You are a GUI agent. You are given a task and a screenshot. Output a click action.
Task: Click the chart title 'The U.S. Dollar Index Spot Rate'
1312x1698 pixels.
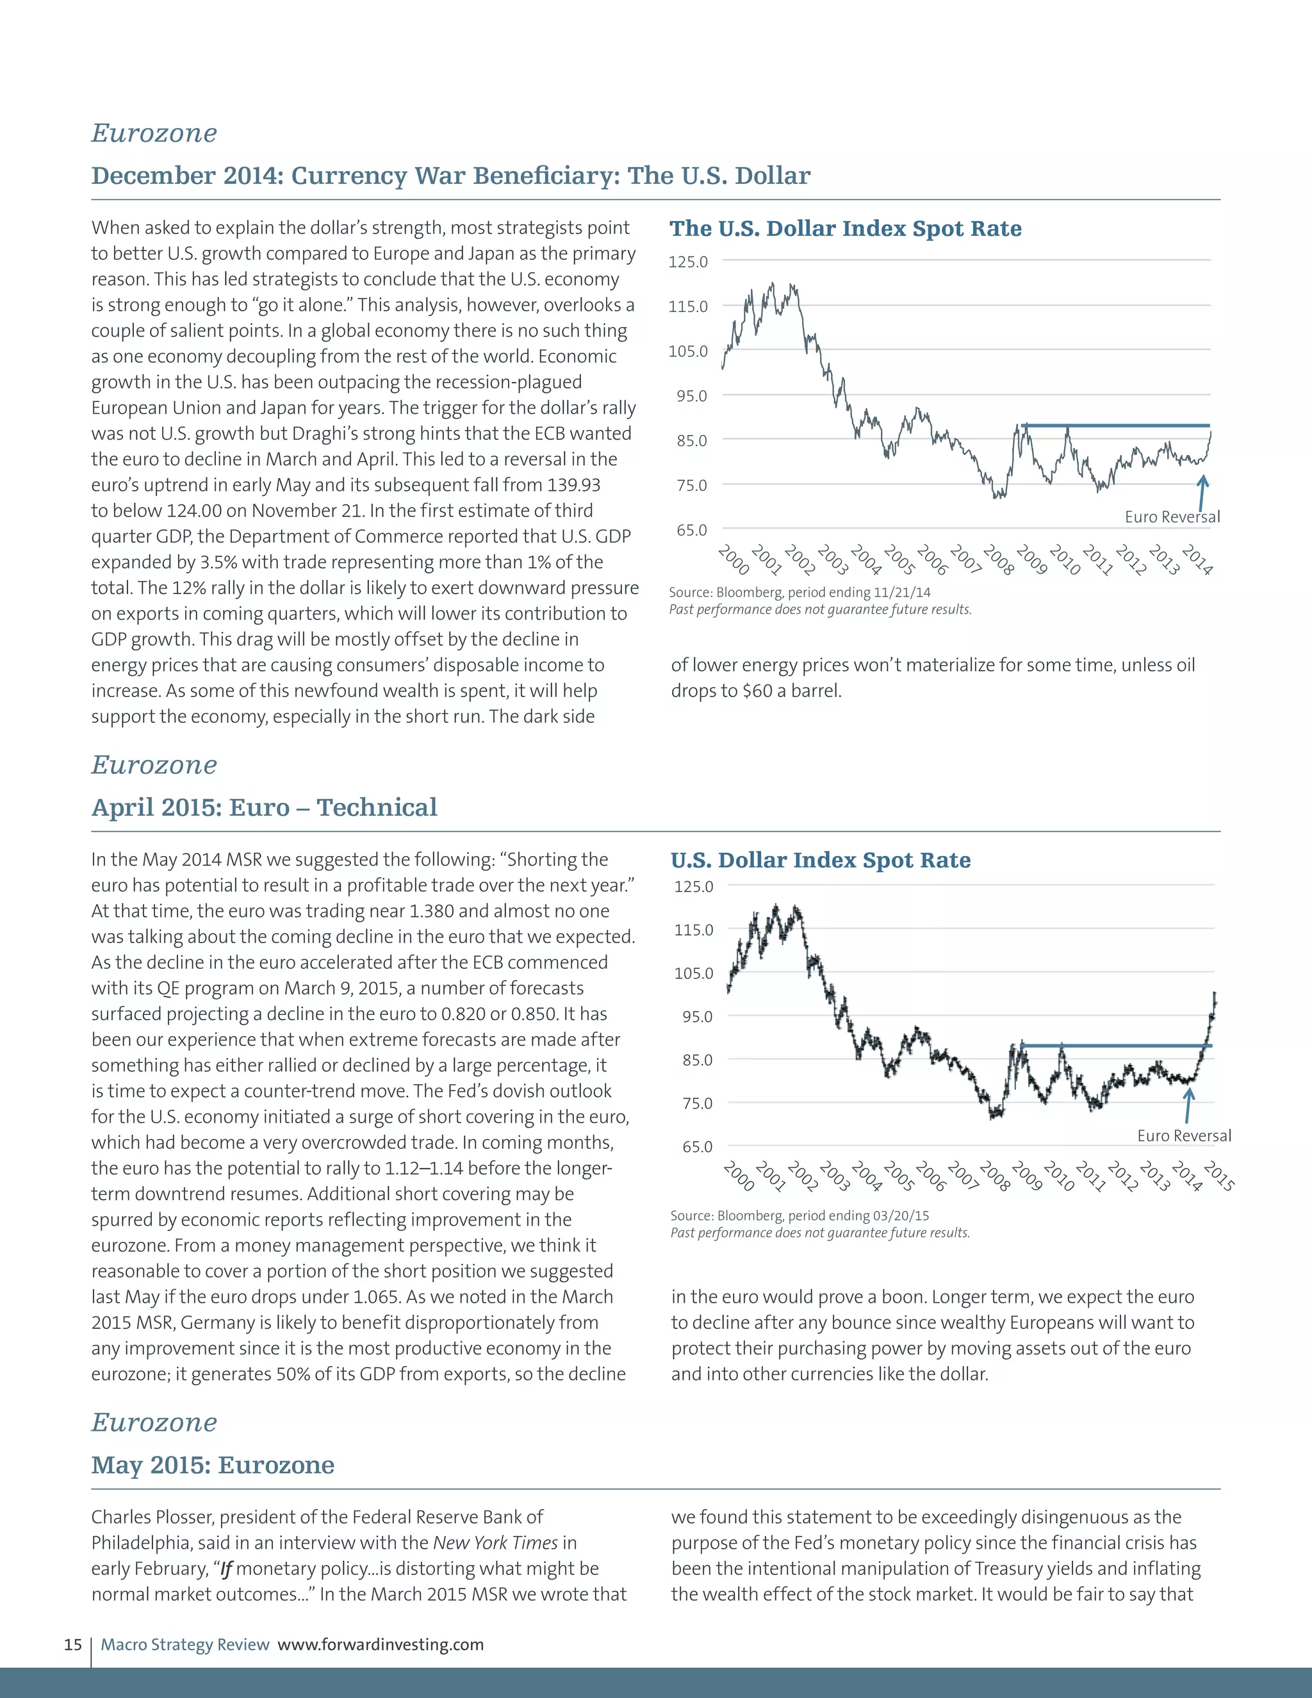click(845, 229)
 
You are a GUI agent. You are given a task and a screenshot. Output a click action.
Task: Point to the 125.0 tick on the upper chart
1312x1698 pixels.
click(688, 262)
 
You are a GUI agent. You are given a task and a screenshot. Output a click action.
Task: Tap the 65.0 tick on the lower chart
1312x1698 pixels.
click(693, 1147)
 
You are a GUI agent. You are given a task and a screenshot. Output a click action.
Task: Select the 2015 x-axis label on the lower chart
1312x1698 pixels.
click(1218, 1176)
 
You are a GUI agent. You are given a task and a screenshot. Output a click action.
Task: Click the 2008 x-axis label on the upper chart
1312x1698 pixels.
click(998, 561)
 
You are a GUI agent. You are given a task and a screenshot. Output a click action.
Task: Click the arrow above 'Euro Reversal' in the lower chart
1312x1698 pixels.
click(1188, 1104)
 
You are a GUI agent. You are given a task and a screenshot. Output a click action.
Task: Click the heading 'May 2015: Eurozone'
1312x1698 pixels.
click(212, 1465)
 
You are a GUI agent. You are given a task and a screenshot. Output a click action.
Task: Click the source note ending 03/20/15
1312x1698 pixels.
click(799, 1215)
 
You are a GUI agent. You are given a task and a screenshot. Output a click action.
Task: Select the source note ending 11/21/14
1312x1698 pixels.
click(799, 593)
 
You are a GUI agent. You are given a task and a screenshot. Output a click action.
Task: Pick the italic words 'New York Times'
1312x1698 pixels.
click(495, 1542)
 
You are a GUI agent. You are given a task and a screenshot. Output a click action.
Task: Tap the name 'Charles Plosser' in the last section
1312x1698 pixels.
click(152, 1517)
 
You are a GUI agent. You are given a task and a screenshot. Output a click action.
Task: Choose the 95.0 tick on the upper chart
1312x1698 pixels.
click(688, 397)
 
